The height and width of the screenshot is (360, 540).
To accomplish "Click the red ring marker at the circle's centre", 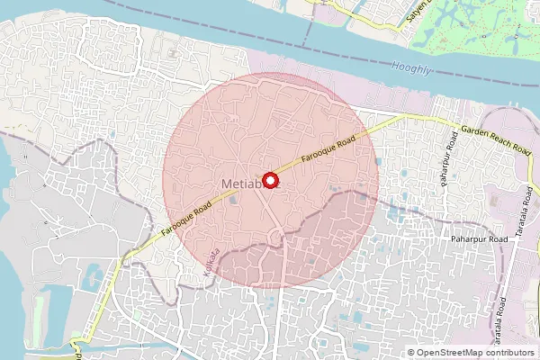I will click(271, 179).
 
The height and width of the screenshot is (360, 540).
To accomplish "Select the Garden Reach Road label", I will click(494, 141).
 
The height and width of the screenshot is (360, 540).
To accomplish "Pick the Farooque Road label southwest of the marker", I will click(186, 220).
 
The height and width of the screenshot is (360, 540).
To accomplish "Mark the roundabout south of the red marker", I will click(277, 238).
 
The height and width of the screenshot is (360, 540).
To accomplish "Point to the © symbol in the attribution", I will click(411, 353).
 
